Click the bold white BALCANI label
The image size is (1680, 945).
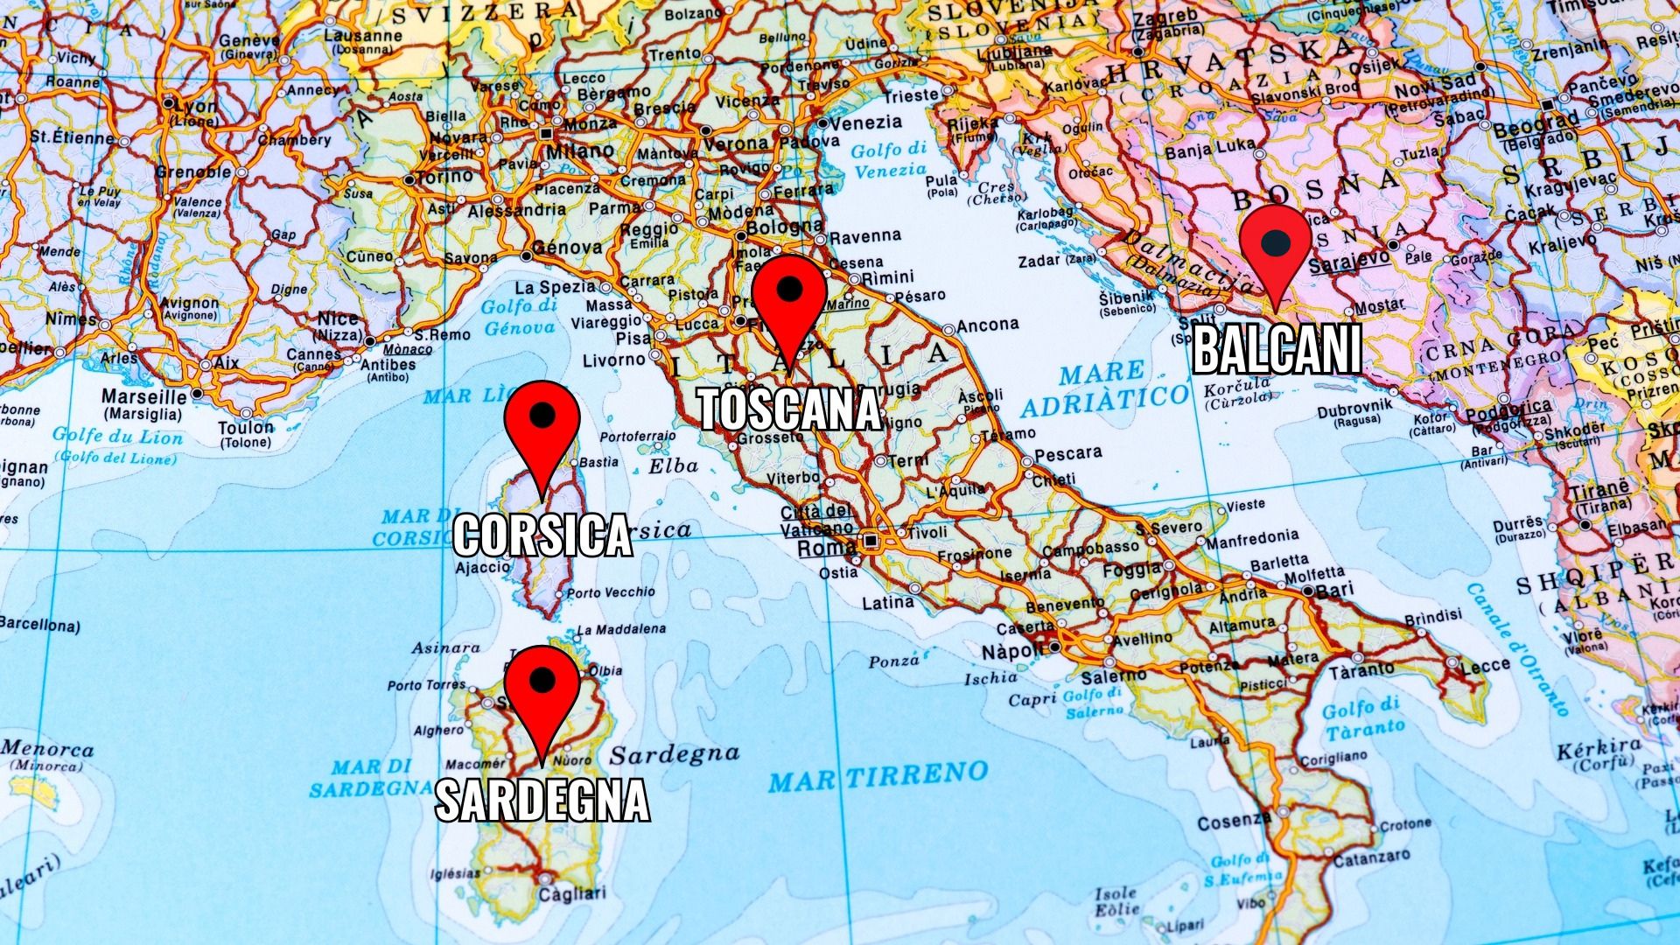tap(1277, 349)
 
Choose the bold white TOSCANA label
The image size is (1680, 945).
tap(789, 409)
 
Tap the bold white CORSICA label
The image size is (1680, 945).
tap(542, 535)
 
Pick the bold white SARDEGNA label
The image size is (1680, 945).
tap(542, 799)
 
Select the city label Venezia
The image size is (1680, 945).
tap(864, 122)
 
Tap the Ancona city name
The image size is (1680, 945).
tap(988, 325)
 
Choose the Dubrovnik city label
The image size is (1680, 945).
tap(1361, 406)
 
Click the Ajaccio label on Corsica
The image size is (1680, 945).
tap(483, 567)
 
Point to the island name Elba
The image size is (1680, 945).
tap(673, 466)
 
